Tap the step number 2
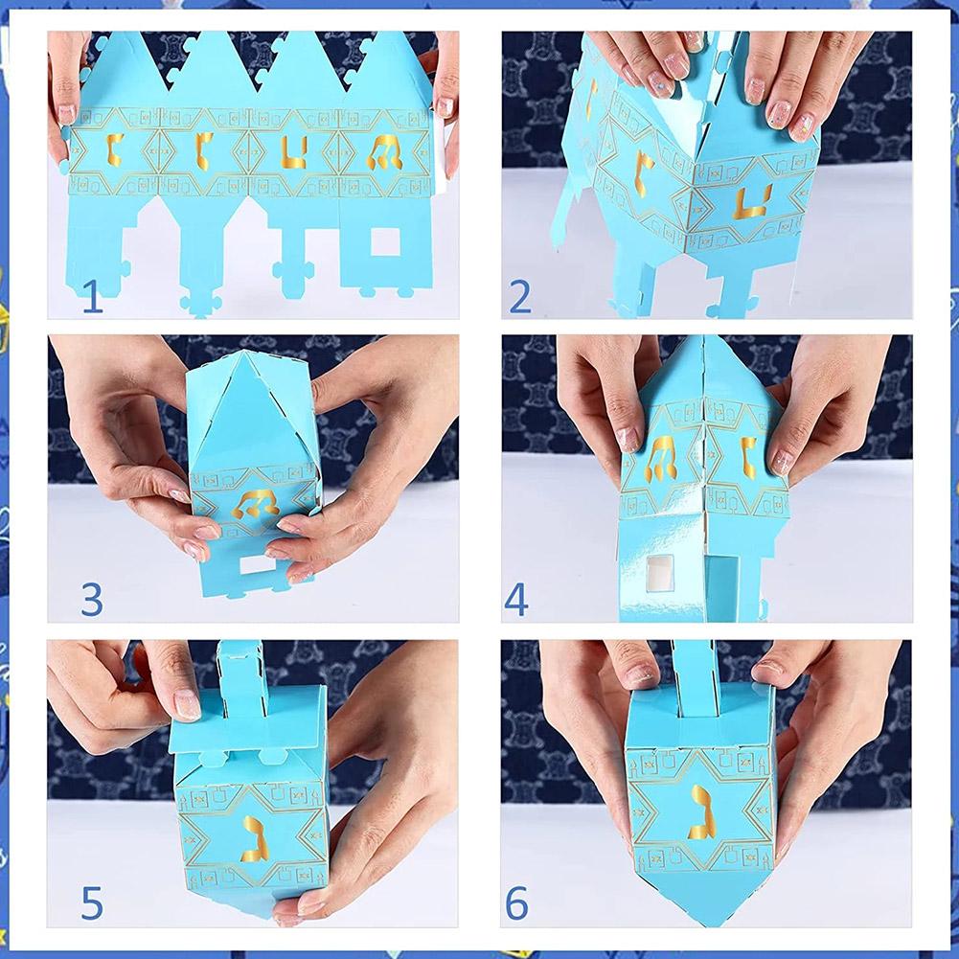pos(519,296)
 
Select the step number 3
pos(92,598)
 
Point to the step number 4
pos(516,599)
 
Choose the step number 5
pos(92,902)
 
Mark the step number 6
pos(517,902)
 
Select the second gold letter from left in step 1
pos(202,151)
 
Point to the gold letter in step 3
pos(254,504)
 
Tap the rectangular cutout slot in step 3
pos(255,566)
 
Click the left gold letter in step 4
pos(662,457)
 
